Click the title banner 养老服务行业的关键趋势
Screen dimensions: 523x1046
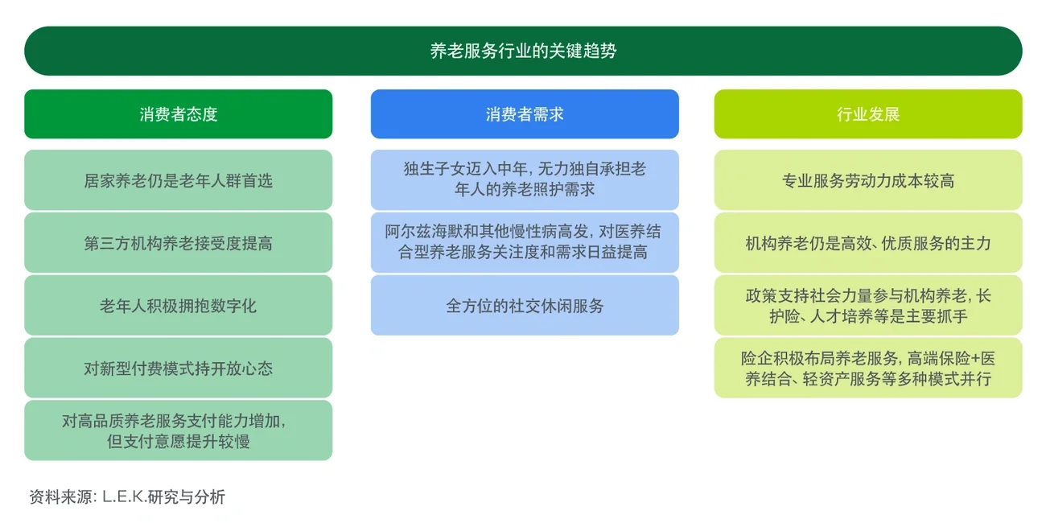pos(523,51)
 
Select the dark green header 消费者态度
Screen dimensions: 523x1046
pos(178,114)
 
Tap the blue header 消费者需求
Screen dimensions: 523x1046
pos(525,114)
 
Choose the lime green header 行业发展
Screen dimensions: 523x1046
pos(868,114)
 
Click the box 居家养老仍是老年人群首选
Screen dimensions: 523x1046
pos(178,180)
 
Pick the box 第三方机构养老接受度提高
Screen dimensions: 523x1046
pos(178,243)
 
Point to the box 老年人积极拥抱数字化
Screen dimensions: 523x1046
pos(178,306)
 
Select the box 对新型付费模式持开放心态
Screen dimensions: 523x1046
pos(178,369)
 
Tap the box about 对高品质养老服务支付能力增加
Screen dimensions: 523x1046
pos(178,430)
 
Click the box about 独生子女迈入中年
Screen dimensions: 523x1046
pos(525,180)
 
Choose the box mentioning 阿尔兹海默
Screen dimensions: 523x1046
pos(525,243)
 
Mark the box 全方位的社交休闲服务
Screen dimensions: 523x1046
pos(525,306)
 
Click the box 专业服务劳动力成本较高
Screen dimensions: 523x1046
pos(868,180)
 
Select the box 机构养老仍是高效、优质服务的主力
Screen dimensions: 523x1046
pos(868,243)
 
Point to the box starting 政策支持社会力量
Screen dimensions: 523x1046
pos(868,306)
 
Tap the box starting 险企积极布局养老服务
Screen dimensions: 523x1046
pos(868,369)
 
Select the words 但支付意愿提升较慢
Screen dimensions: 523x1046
pos(178,442)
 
